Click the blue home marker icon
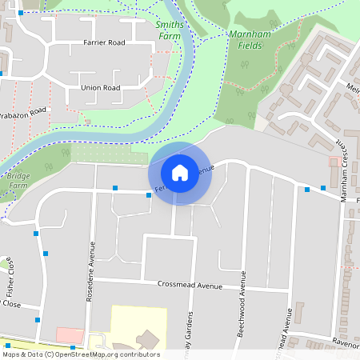coord(180,172)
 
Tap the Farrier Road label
coord(104,42)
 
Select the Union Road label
coord(100,87)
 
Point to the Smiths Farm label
coord(169,30)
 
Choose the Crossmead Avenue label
coord(190,285)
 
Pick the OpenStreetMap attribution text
coord(81,354)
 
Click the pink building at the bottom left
coord(70,335)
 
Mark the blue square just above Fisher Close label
coord(35,234)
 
